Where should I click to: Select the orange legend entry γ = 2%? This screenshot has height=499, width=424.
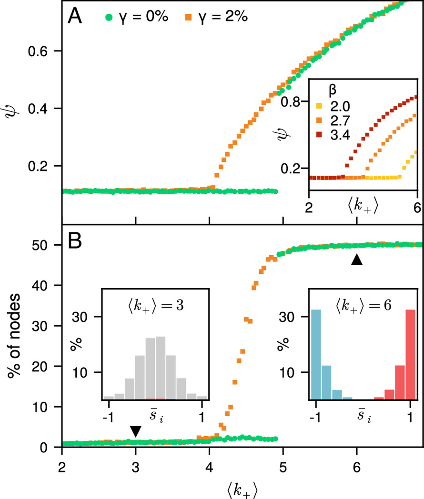(x=220, y=18)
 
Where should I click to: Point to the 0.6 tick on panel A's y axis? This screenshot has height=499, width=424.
(x=48, y=51)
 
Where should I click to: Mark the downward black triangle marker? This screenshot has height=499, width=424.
(x=136, y=431)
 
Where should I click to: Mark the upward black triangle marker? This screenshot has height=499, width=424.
(x=356, y=259)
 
